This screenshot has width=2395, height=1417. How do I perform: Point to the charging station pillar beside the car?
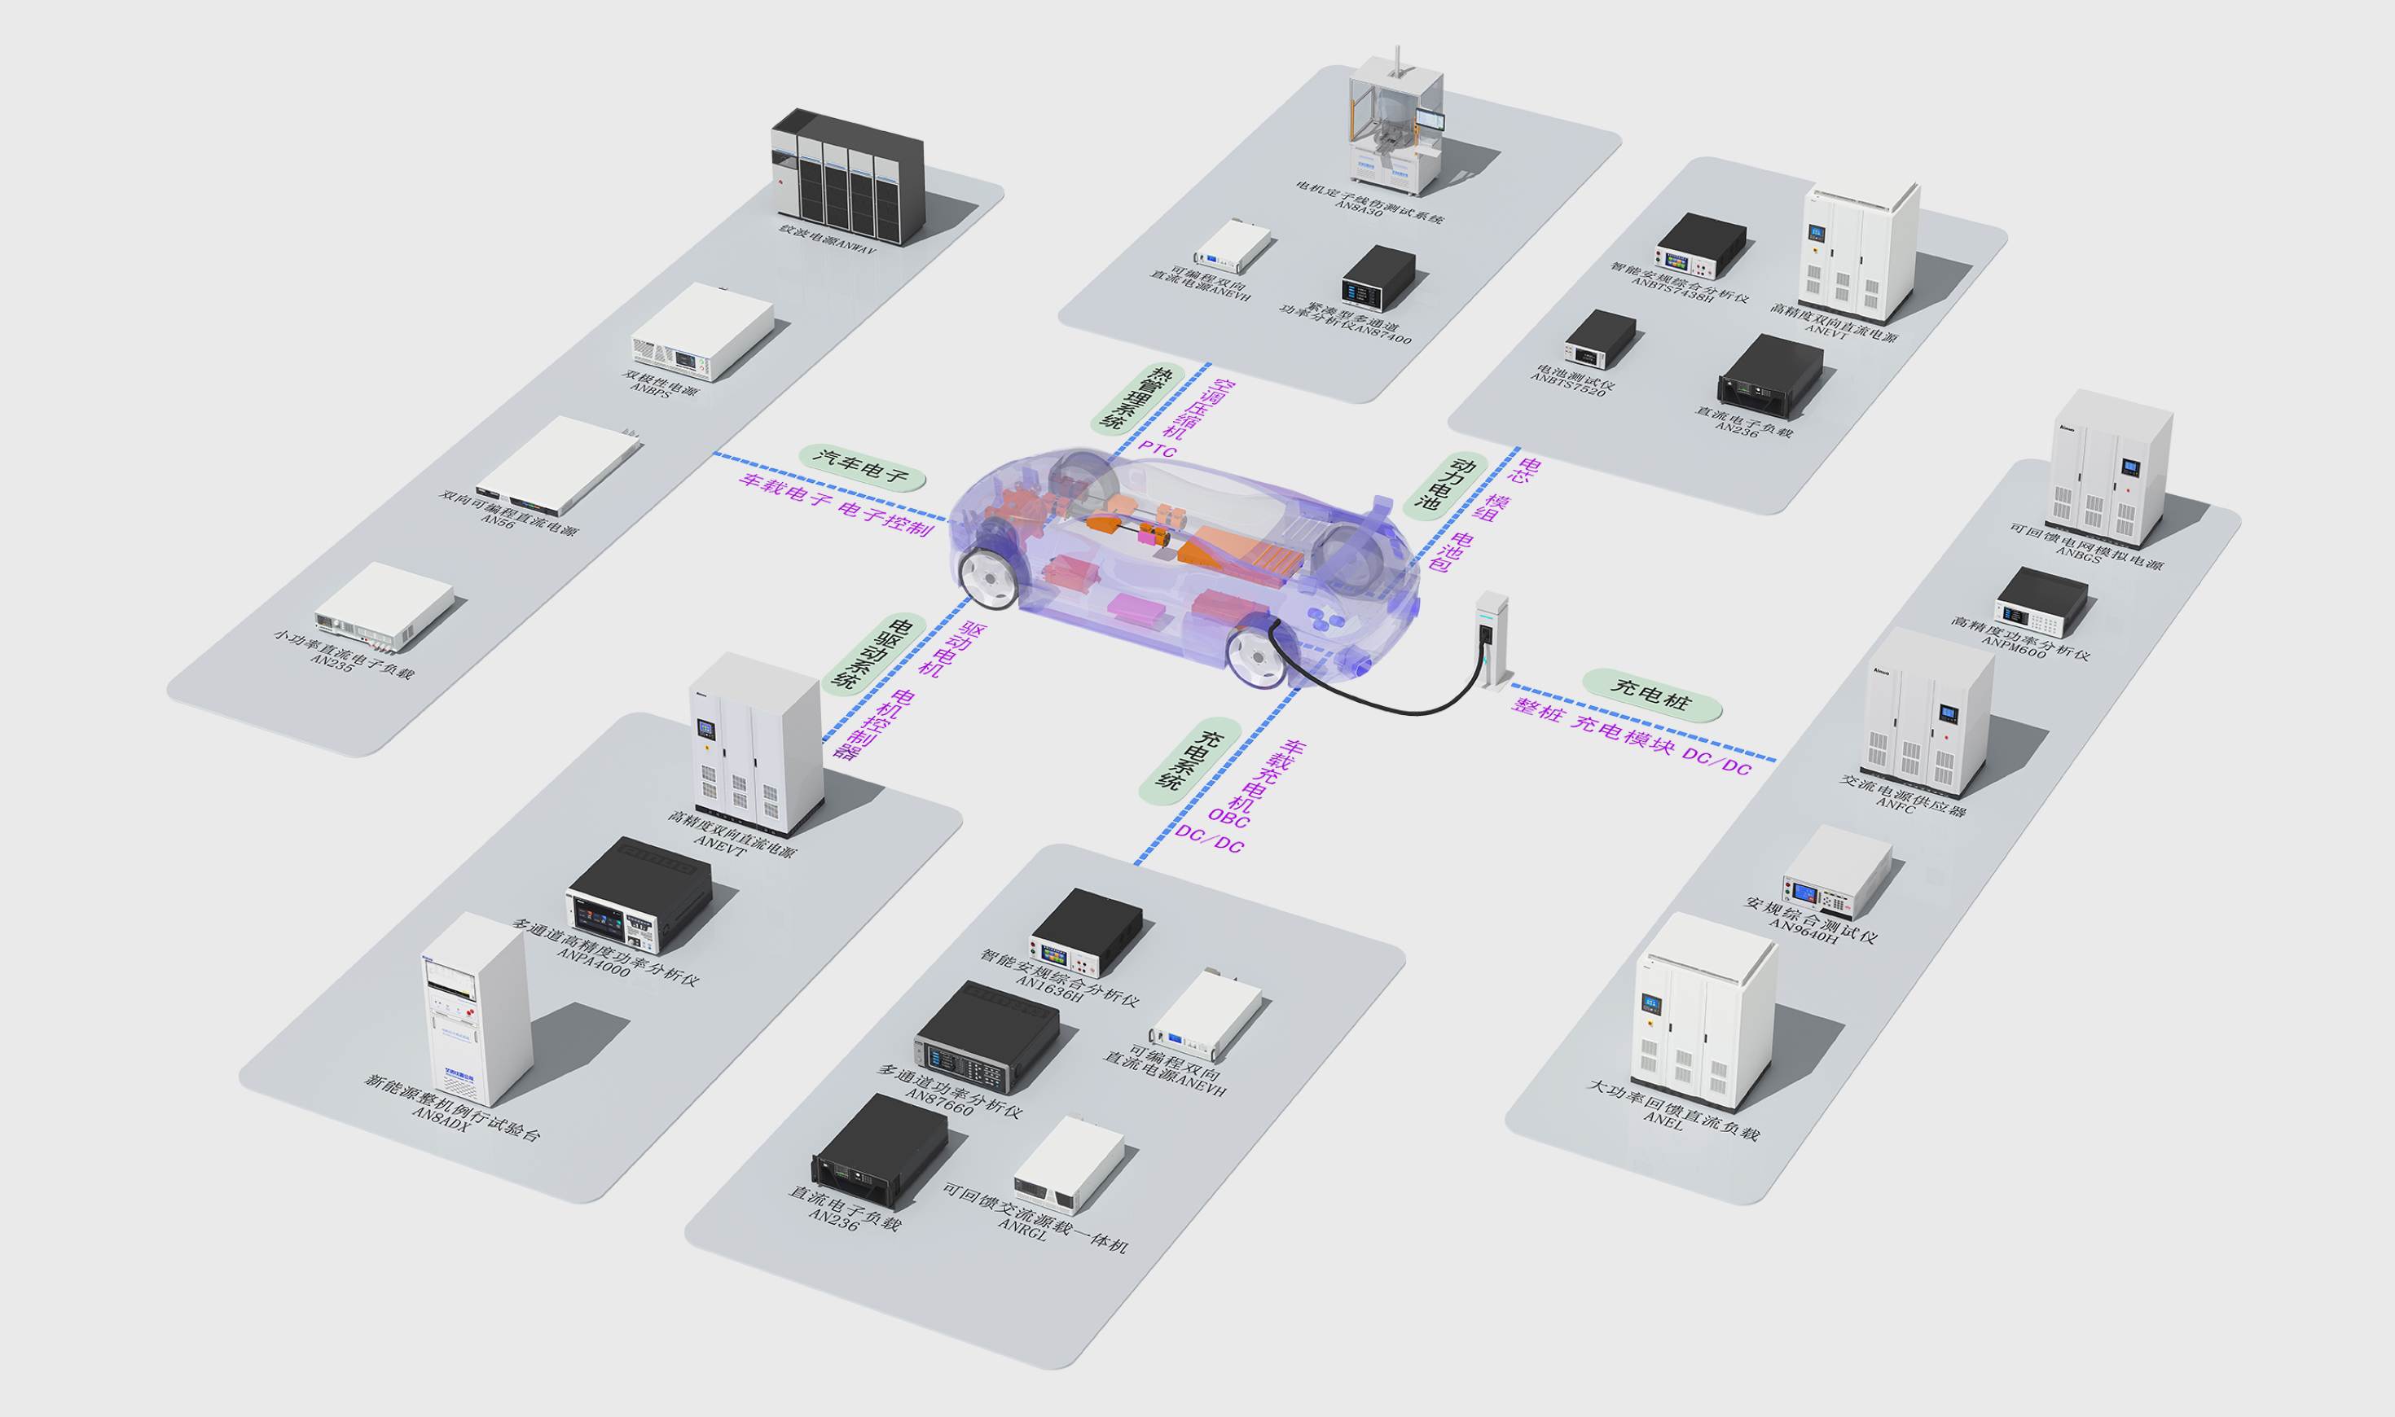click(x=1492, y=638)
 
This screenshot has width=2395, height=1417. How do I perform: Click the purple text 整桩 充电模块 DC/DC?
click(x=1631, y=736)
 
